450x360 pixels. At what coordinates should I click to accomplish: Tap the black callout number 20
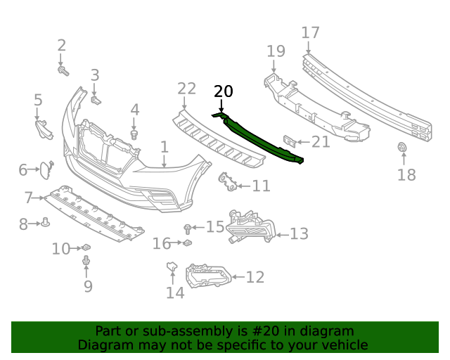coord(223,91)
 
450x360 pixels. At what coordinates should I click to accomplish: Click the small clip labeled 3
coord(96,98)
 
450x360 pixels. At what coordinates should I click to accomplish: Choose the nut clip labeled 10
coord(87,247)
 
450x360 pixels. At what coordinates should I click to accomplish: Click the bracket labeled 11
coord(227,182)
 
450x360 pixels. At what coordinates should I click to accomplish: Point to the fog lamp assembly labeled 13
coord(249,227)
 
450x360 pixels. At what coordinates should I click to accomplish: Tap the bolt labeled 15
coord(188,228)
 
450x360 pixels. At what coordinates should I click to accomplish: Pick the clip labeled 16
coord(188,243)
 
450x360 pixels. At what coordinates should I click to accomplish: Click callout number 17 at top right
coord(310,32)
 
